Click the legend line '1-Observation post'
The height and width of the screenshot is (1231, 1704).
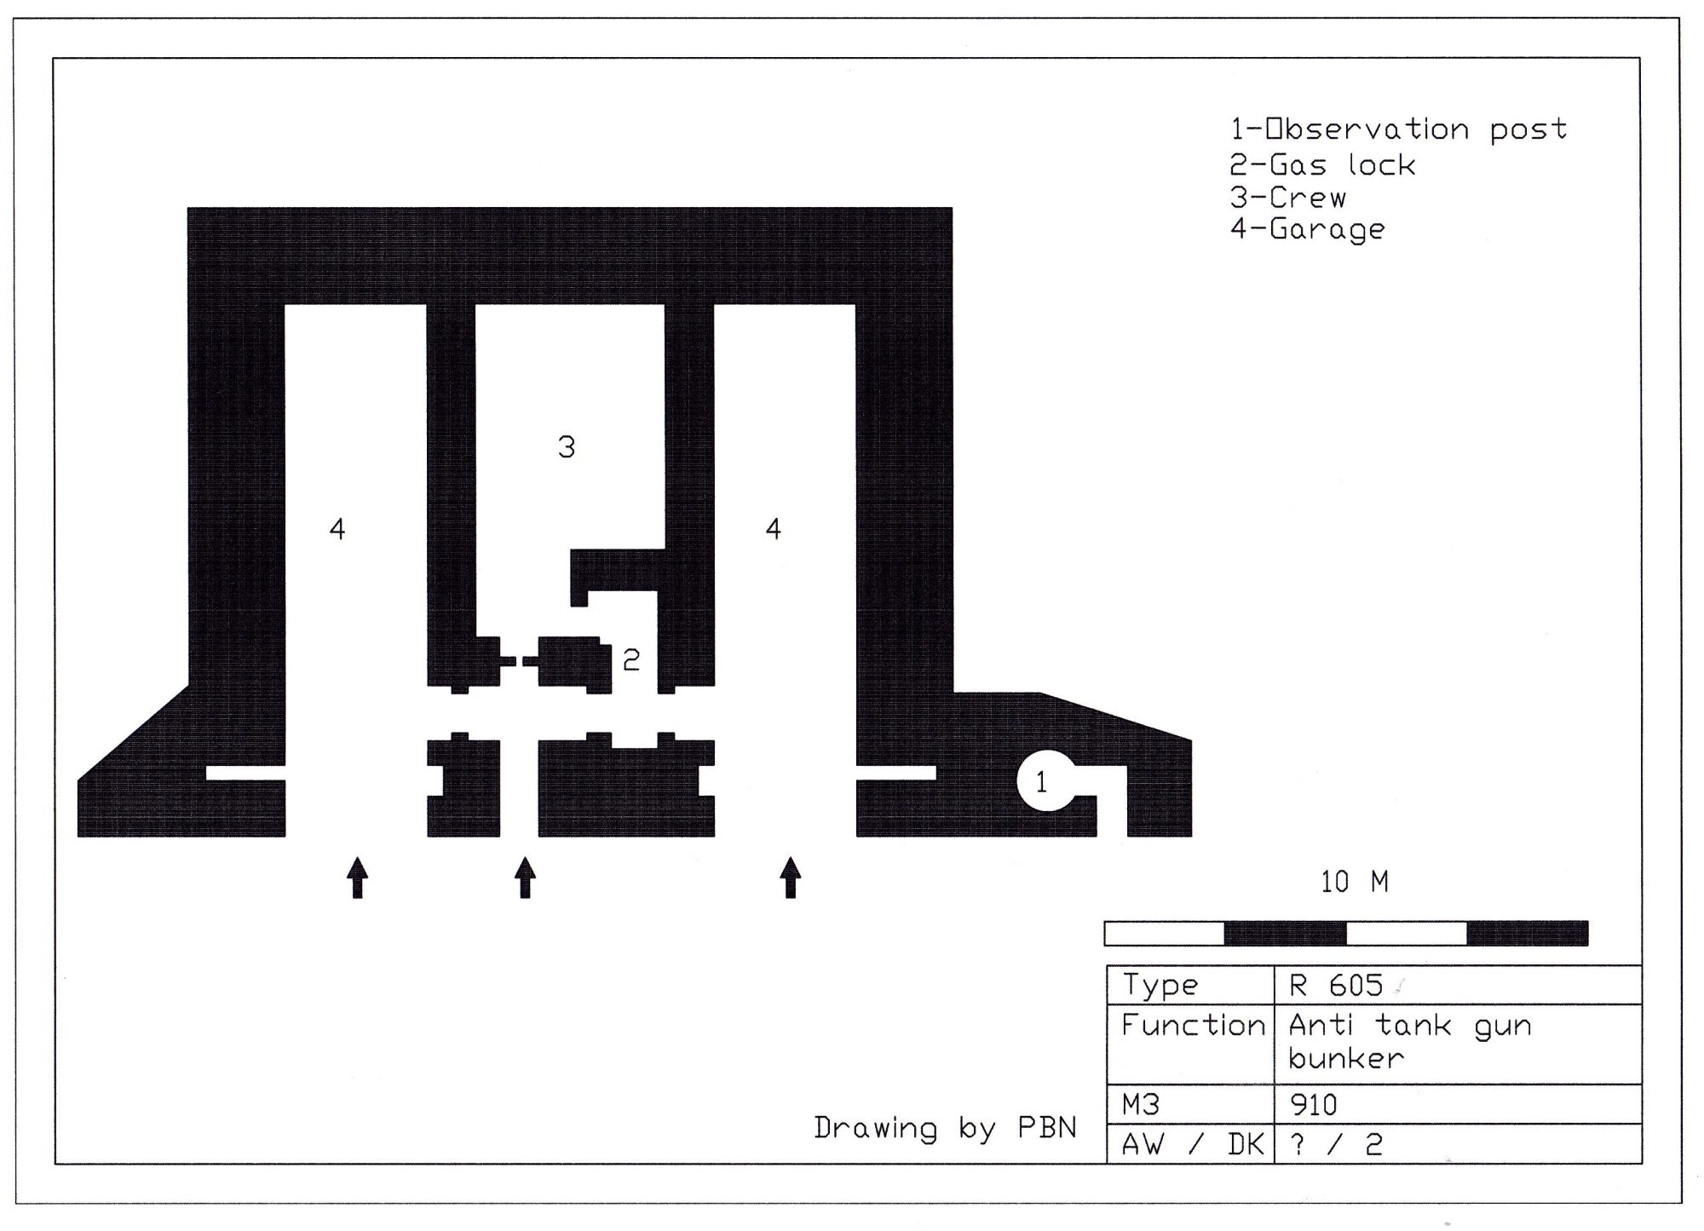click(1398, 129)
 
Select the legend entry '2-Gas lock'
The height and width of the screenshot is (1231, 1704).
click(1322, 164)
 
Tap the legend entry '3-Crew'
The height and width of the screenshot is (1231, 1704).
click(1288, 197)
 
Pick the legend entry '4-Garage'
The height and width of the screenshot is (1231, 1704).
click(1307, 229)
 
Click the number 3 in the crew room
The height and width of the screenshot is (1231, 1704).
click(567, 446)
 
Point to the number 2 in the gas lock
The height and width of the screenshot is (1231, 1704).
click(631, 659)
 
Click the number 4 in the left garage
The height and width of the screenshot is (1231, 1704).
click(337, 529)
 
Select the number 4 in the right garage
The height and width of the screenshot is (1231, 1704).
click(774, 529)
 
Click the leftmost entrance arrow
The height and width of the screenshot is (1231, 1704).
click(358, 877)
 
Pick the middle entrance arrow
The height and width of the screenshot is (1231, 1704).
click(526, 877)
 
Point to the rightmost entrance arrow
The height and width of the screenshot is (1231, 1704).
click(792, 877)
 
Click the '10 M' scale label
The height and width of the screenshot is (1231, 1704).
click(1355, 882)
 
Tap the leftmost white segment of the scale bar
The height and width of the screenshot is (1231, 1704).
click(1165, 933)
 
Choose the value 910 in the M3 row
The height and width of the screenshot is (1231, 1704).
click(1313, 1105)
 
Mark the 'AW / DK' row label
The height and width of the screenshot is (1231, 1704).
click(1193, 1144)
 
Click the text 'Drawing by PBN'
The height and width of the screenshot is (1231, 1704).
click(945, 1128)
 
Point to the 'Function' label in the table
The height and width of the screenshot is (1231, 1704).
click(1193, 1025)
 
